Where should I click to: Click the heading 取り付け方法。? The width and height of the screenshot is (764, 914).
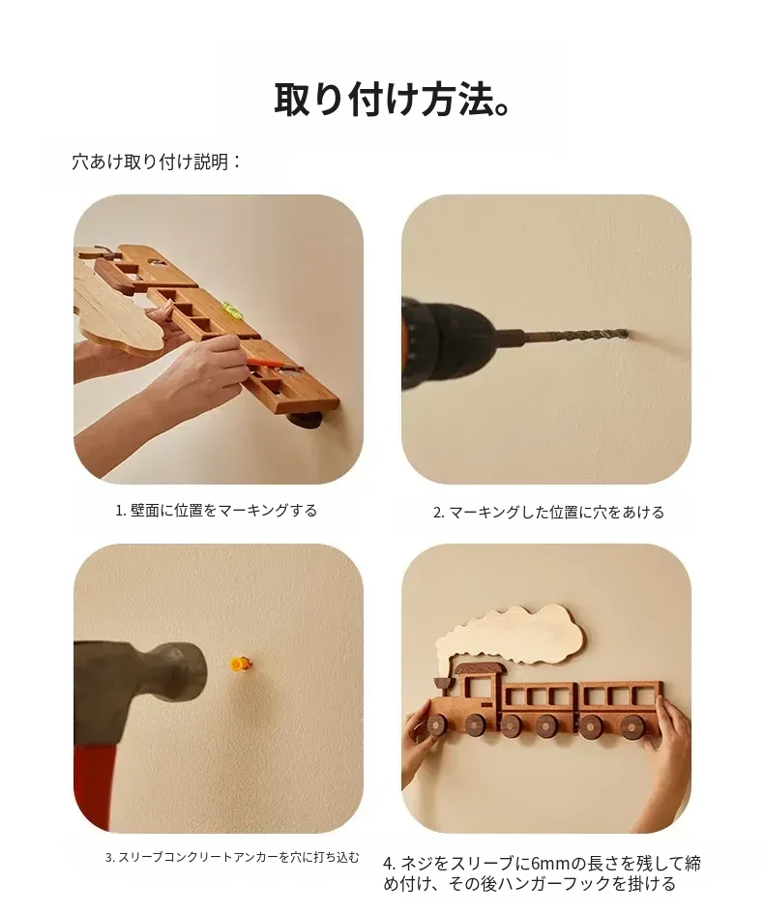click(392, 99)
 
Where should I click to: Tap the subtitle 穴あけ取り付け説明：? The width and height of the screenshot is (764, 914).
click(157, 162)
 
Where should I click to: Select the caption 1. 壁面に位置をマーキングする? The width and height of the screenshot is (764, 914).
click(217, 510)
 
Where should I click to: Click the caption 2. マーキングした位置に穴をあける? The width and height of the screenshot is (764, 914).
click(548, 512)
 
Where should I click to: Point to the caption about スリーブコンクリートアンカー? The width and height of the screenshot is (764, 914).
click(232, 857)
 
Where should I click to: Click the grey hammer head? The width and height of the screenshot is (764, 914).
click(143, 691)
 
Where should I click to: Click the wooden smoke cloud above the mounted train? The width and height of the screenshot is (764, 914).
click(510, 636)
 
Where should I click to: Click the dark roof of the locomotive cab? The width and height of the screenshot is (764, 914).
click(479, 668)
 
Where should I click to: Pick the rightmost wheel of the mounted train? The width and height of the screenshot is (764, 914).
click(632, 725)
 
